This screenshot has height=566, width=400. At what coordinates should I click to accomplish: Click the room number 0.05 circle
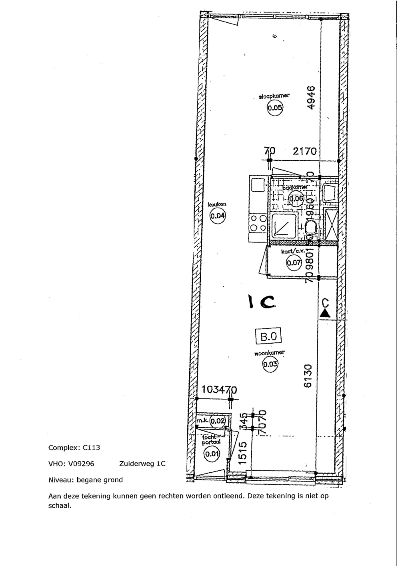(x=275, y=107)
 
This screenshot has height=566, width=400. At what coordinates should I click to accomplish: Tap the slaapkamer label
(x=274, y=96)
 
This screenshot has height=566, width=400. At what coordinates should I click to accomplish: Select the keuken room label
(x=217, y=204)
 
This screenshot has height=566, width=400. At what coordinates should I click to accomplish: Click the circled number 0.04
(x=218, y=216)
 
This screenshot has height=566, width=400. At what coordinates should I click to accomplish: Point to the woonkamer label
(x=270, y=353)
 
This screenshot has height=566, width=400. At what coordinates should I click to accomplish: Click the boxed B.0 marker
(x=268, y=336)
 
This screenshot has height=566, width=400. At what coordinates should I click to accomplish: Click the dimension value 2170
(x=304, y=151)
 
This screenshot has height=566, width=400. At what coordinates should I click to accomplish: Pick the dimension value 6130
(x=308, y=376)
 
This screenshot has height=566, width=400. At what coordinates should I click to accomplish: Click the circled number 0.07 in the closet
(x=294, y=262)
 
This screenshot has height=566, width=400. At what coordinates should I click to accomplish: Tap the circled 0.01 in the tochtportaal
(x=212, y=454)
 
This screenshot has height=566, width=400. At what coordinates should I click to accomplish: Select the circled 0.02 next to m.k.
(x=218, y=421)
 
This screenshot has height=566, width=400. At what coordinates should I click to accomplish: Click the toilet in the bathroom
(x=311, y=229)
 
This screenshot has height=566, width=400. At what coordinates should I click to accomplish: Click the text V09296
(x=81, y=464)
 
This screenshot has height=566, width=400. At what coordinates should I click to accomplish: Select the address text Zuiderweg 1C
(x=142, y=464)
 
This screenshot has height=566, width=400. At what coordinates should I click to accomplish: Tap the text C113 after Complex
(x=91, y=448)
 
